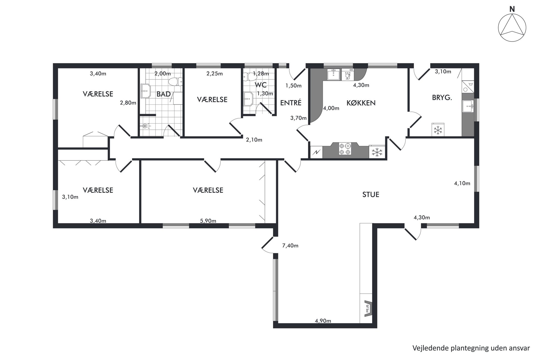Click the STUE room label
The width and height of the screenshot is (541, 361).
point(371,195)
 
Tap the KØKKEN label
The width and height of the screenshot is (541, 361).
point(361,103)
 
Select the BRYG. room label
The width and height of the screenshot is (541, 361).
point(442,97)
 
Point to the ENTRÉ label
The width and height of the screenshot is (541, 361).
point(291,103)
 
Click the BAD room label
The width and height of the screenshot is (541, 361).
point(164,94)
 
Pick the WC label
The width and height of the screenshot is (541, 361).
point(260,85)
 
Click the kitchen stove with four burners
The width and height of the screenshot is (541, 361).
point(345,149)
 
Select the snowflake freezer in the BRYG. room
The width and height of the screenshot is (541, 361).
point(438,130)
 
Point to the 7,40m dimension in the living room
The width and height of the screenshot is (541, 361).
point(290,246)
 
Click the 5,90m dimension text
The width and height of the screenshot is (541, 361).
point(208,221)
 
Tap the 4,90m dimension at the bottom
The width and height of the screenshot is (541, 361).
point(323,321)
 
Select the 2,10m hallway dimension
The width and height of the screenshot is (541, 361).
point(254,140)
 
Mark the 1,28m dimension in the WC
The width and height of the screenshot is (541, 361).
point(261,73)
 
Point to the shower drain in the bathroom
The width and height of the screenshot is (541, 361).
point(145,126)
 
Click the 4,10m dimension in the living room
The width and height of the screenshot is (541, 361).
point(462,183)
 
